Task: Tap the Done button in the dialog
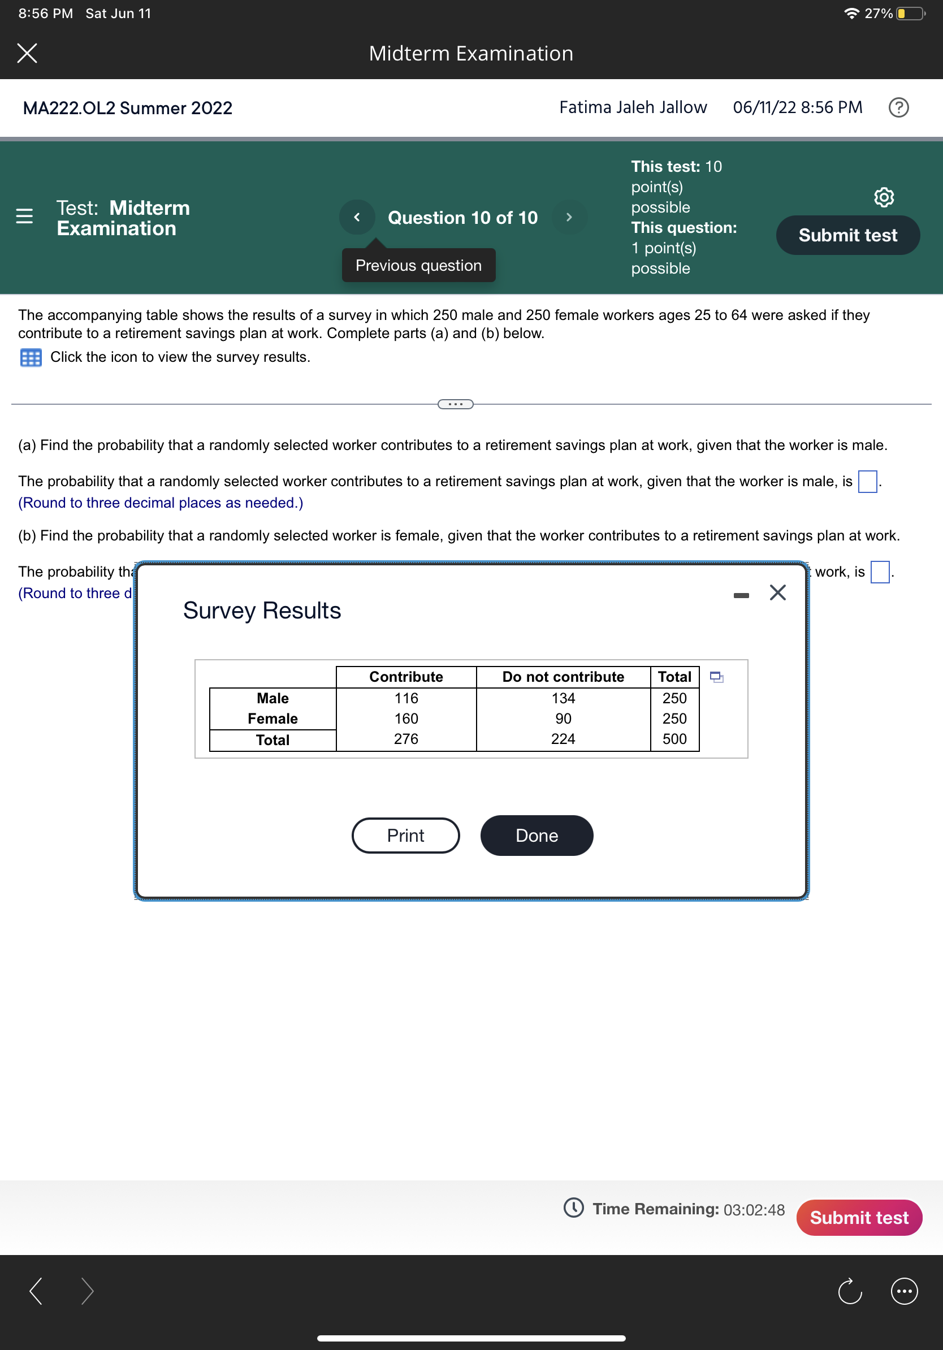tap(536, 835)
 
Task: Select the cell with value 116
tap(406, 698)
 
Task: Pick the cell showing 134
tap(563, 698)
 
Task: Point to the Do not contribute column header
tap(563, 677)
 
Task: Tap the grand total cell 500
tap(674, 739)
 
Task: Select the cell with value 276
tap(406, 739)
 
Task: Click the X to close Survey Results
tap(777, 592)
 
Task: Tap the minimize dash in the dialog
tap(741, 596)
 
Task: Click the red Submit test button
tap(858, 1217)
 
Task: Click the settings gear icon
tap(884, 197)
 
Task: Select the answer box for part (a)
tap(867, 482)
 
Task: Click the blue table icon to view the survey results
tap(31, 357)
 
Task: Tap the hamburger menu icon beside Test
tap(24, 217)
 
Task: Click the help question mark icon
tap(898, 107)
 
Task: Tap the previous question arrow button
tap(357, 217)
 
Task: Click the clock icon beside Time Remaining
tap(573, 1208)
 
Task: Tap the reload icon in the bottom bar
tap(849, 1291)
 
